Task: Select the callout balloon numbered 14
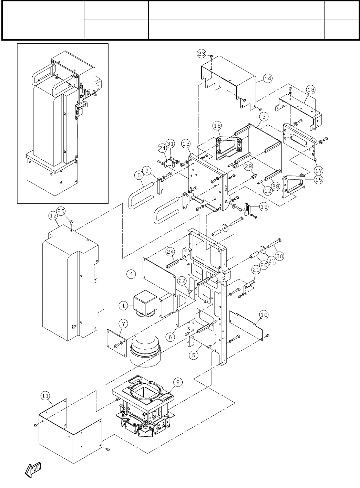(268, 78)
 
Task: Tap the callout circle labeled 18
(310, 90)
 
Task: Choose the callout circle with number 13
(186, 143)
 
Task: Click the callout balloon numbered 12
(53, 216)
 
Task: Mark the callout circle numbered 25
(61, 210)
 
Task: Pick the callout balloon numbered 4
(131, 274)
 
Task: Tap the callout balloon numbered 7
(122, 323)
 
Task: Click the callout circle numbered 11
(45, 396)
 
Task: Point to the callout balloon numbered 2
(177, 382)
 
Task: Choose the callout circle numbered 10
(264, 314)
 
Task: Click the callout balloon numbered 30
(279, 256)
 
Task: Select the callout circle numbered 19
(264, 207)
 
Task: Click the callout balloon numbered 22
(182, 281)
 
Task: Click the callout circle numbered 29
(249, 166)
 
